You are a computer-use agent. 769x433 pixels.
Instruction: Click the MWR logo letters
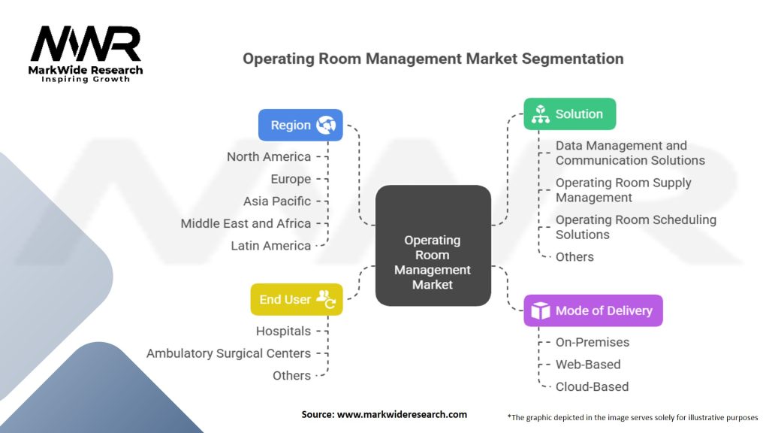tap(86, 44)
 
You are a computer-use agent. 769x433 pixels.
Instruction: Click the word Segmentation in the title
tap(572, 59)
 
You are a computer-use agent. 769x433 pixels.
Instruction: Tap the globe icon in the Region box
tap(326, 126)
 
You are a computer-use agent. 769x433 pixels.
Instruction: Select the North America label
tap(269, 156)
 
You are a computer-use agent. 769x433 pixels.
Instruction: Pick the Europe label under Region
tap(291, 179)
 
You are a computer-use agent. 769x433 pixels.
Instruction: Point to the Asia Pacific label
tap(277, 201)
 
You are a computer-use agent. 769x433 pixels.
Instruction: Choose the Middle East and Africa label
tap(246, 223)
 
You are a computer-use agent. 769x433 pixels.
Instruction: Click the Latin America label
tap(271, 246)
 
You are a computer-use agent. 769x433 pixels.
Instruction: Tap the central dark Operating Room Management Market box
tap(433, 246)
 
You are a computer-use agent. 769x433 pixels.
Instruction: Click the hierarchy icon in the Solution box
tap(541, 114)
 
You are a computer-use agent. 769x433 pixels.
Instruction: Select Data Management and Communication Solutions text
tap(630, 153)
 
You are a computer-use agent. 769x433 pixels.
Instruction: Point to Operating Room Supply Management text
tap(623, 190)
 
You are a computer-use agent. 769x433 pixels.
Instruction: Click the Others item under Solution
tap(574, 257)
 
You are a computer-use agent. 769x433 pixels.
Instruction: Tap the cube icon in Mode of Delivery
tap(541, 310)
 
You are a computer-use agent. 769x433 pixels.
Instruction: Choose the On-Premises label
tap(593, 342)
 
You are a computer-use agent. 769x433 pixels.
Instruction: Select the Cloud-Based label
tap(592, 386)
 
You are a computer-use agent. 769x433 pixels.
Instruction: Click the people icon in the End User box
tap(326, 299)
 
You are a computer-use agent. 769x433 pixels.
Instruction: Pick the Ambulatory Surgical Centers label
tap(228, 353)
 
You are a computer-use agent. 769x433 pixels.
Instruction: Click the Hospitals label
tap(283, 331)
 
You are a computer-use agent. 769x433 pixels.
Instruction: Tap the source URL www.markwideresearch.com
tap(403, 414)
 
